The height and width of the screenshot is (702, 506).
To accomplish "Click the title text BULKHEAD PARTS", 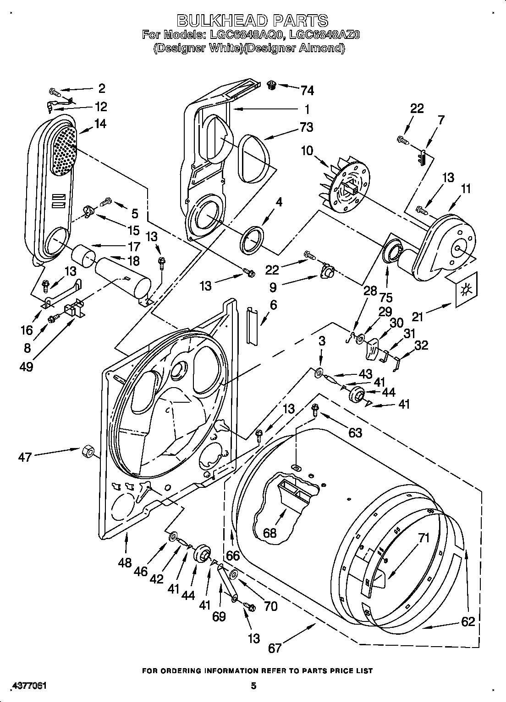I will [253, 20].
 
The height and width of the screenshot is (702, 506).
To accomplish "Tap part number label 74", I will [307, 91].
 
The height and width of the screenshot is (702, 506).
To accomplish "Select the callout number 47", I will [25, 456].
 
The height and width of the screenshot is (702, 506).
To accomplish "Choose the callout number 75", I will [386, 297].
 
